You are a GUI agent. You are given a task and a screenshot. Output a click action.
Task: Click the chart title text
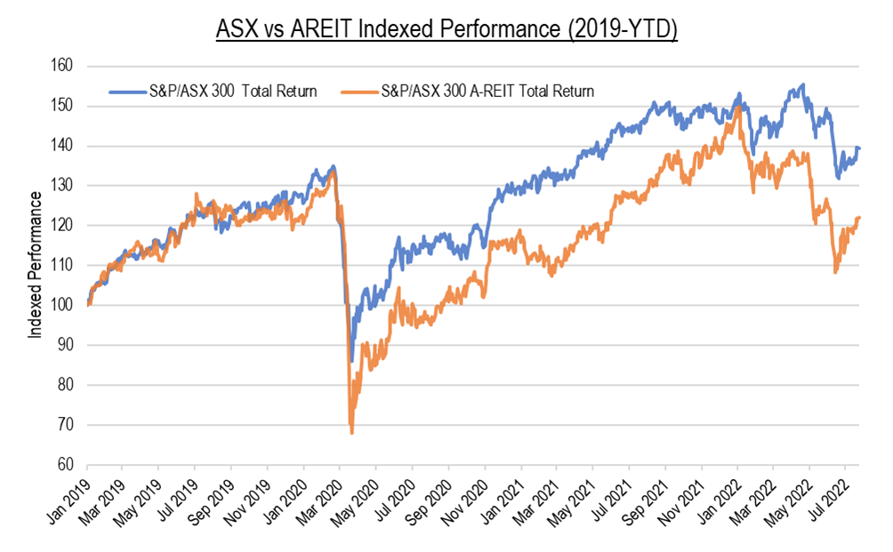coord(446,28)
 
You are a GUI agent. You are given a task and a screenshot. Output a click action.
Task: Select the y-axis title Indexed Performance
coord(36,264)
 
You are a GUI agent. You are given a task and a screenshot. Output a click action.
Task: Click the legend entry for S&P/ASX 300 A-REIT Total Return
coord(487,91)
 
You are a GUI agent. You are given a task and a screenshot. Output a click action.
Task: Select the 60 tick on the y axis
coord(65,465)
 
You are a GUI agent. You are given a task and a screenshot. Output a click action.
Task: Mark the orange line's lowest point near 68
coord(352,433)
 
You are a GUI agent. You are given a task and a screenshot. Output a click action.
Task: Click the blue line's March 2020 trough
coord(352,361)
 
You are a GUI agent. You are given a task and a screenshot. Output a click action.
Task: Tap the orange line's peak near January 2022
coord(739,107)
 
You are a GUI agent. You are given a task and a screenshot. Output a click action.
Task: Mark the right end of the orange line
coord(859,218)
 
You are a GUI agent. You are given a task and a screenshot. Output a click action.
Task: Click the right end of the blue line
coord(859,148)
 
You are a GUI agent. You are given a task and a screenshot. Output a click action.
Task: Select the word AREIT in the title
coord(326,28)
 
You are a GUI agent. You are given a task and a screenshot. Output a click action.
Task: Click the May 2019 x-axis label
coord(145,495)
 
